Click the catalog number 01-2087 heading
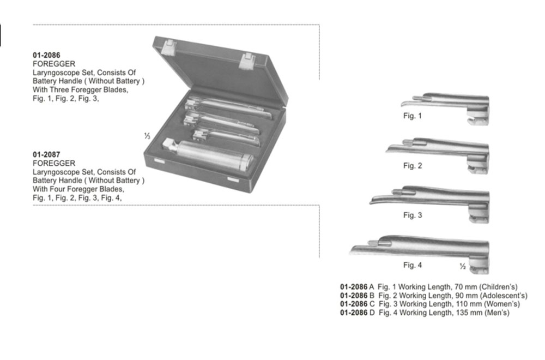46,154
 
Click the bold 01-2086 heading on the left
46,55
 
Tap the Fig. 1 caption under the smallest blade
412,116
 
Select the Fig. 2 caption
413,166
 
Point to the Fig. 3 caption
413,215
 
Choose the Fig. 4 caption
413,265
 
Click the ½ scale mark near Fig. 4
463,266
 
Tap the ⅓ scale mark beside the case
147,136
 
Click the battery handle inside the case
208,156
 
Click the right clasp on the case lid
246,61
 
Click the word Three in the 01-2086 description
58,90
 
